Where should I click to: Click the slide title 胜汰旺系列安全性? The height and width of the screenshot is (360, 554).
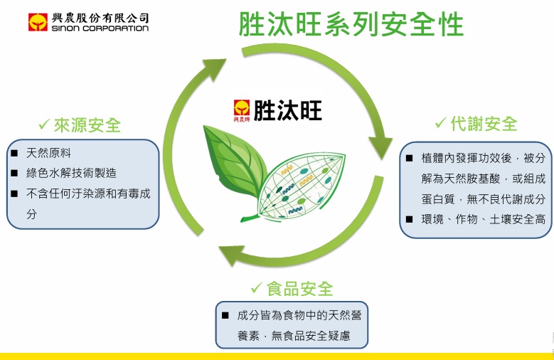(x=351, y=24)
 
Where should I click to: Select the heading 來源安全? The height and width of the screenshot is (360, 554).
(x=88, y=126)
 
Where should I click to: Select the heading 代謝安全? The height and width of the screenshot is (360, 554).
(x=484, y=123)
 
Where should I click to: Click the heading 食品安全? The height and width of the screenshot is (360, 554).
(x=300, y=288)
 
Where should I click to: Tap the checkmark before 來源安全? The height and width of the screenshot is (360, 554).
(x=45, y=126)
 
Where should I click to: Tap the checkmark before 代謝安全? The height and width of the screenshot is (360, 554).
(x=441, y=123)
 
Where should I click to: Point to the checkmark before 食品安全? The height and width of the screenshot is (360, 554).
(x=257, y=288)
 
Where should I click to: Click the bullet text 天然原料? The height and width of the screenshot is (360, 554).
(x=48, y=153)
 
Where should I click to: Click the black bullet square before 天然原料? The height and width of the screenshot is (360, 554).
(x=14, y=153)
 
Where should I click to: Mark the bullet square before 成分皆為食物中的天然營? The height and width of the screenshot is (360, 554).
(x=225, y=314)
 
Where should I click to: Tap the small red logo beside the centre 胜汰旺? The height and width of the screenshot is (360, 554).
(x=243, y=111)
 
